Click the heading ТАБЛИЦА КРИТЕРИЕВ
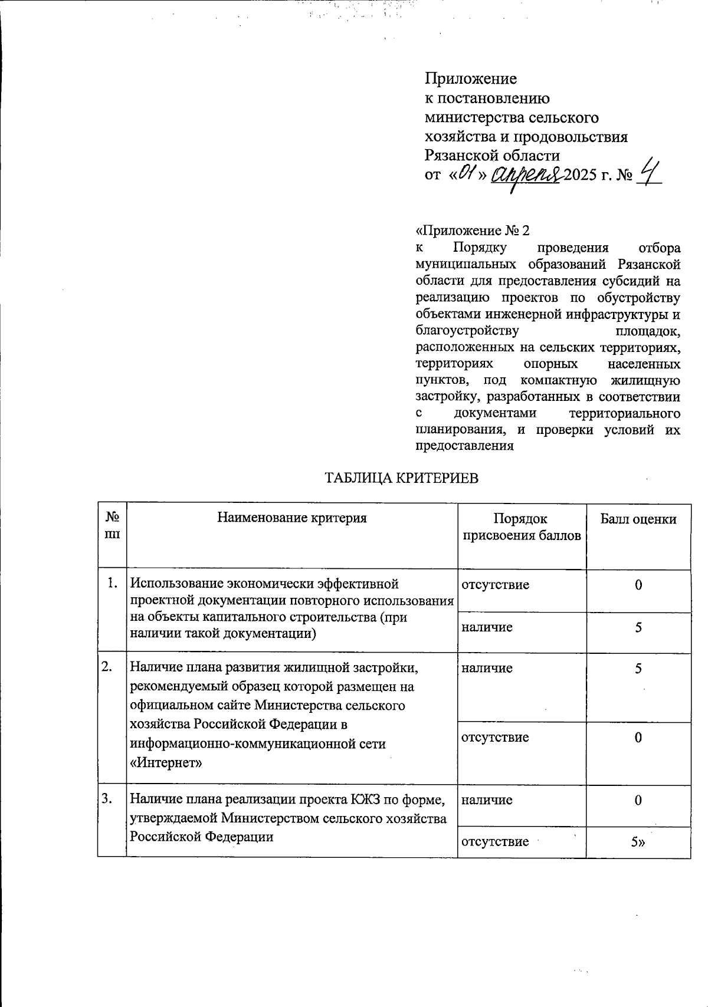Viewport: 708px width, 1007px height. pos(402,478)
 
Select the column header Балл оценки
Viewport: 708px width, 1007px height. pos(638,519)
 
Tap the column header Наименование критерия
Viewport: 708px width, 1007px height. pos(292,518)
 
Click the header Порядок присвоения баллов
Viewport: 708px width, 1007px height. pos(521,527)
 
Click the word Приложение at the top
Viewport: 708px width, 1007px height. pos(471,79)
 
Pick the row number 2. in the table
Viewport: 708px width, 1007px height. pos(107,667)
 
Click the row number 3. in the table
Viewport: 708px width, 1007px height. pos(107,799)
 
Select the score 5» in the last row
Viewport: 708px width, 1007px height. pos(638,843)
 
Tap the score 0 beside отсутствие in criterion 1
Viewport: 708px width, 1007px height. pos(638,585)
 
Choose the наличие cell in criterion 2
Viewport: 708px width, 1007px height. pos(487,668)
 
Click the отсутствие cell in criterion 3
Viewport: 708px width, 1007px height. pos(494,842)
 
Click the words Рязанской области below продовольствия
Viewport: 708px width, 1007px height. pos(492,156)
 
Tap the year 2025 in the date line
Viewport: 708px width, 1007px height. pos(580,175)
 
